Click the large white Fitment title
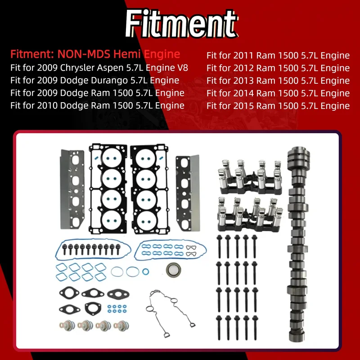(x=181, y=24)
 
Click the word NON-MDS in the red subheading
(x=84, y=54)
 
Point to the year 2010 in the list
(x=47, y=105)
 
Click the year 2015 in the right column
(x=243, y=106)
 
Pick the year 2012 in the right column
(x=243, y=68)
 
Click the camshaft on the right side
(x=298, y=244)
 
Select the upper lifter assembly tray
(x=250, y=177)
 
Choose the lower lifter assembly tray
(x=250, y=215)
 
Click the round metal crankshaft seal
(x=173, y=270)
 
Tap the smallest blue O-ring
(x=145, y=272)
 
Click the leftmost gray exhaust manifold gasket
(x=72, y=189)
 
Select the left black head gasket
(x=108, y=189)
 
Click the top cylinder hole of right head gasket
(x=145, y=158)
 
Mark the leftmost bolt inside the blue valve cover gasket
(x=64, y=249)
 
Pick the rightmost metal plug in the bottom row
(x=121, y=325)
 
